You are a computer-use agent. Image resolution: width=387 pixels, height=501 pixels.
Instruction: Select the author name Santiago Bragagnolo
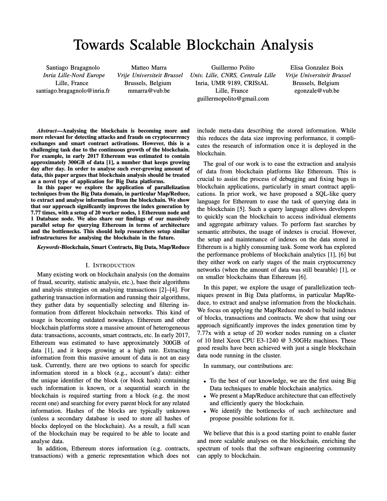(73, 67)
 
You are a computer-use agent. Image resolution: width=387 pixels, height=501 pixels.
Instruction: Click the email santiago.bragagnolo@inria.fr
(73, 91)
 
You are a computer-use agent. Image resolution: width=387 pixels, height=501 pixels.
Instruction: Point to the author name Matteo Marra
(149, 67)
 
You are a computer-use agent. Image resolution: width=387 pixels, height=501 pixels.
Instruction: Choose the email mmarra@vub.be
(149, 91)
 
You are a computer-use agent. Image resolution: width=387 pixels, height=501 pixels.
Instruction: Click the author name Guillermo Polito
(232, 67)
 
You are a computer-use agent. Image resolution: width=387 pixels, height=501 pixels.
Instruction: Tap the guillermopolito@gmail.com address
(233, 98)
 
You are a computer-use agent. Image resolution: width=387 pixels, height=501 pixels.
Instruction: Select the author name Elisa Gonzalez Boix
(316, 67)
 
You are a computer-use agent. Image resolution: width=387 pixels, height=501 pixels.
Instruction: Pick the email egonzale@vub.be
(316, 91)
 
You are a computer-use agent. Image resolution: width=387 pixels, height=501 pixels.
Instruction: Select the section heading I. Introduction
(110, 265)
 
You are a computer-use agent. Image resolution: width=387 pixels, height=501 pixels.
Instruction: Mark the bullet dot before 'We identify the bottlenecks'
(205, 411)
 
